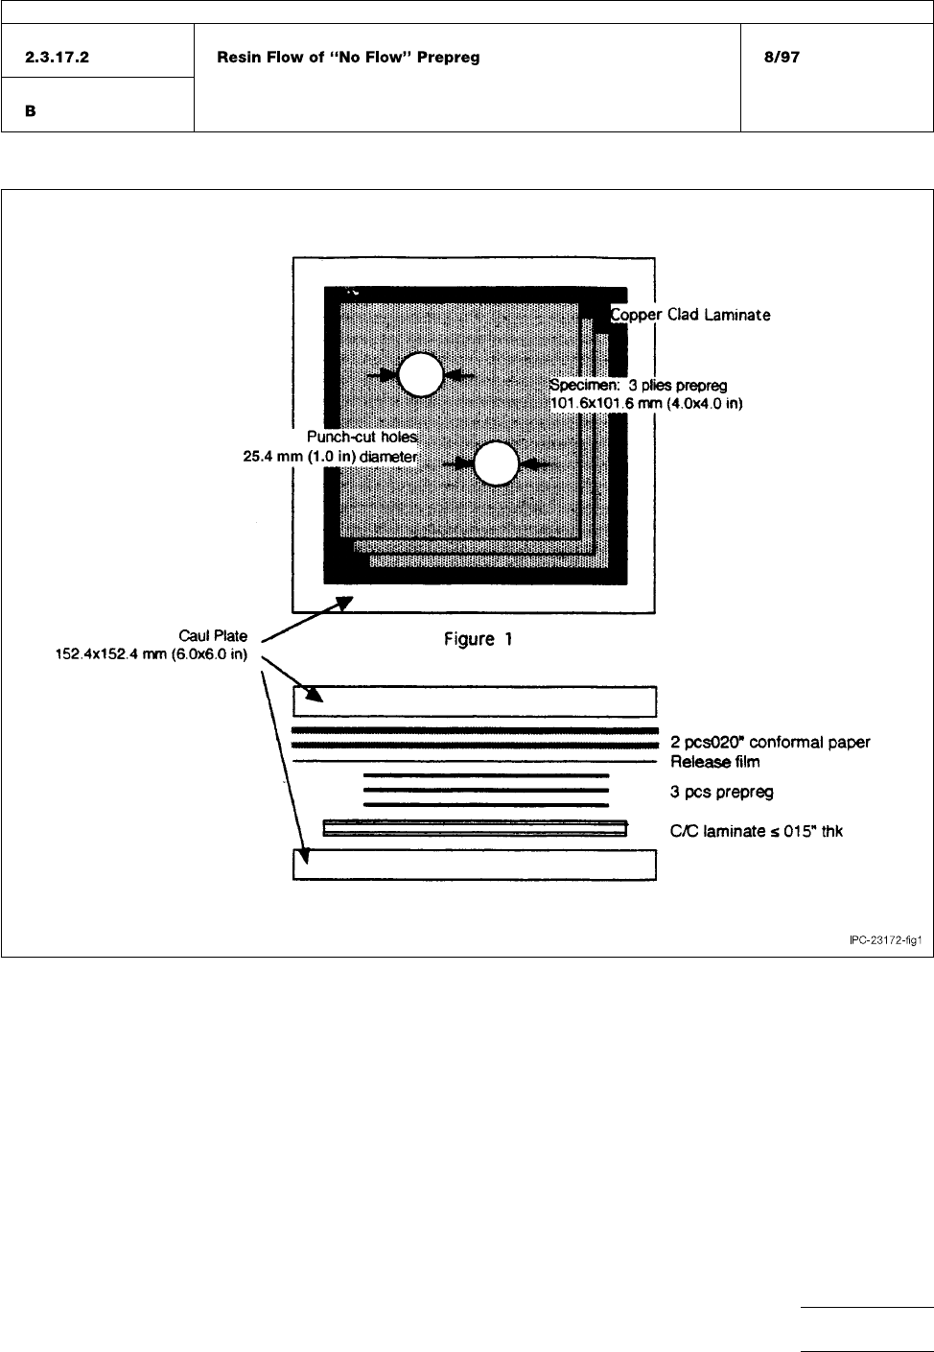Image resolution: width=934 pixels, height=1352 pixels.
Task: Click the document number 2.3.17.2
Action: coord(58,58)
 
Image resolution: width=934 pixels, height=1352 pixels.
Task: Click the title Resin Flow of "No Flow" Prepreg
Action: coord(349,58)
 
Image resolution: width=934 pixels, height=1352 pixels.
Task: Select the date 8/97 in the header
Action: coord(778,58)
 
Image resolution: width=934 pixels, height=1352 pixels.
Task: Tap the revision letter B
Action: coord(31,111)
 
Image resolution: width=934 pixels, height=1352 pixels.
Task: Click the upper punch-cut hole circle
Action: coord(420,375)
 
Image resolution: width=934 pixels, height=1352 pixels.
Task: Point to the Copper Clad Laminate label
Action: coord(690,315)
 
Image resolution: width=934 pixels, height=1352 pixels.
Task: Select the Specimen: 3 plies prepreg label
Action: coord(638,386)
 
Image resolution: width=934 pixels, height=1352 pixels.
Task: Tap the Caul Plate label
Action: coord(213,635)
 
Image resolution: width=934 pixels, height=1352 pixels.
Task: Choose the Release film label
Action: coord(714,762)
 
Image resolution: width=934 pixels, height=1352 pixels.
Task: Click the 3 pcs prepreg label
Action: coord(721,792)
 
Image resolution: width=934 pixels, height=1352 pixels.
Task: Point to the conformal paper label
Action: coord(770,743)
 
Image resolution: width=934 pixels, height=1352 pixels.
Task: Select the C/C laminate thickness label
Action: coord(757,831)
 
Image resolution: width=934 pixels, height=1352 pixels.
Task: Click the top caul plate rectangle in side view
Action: coord(474,701)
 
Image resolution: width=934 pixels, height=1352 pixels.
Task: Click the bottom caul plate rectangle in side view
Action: coord(474,865)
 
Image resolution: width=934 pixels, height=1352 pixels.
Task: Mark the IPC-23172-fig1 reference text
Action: coord(885,941)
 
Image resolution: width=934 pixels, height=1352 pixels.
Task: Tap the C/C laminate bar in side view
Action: coord(476,828)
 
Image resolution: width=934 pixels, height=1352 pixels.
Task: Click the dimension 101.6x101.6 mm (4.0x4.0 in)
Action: coord(646,403)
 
